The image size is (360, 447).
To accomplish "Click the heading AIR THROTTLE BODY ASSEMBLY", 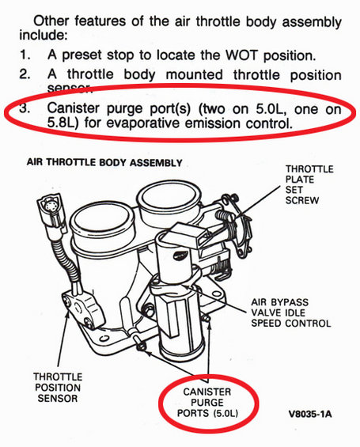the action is point(104,162).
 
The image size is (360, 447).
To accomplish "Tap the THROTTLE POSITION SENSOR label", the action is point(58,388).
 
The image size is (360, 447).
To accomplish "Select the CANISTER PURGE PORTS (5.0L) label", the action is point(207,403).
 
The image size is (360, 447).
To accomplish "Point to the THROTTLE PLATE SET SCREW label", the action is point(309,184).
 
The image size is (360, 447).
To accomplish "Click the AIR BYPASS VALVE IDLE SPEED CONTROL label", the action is point(290,313).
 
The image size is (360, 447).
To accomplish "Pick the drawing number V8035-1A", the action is point(310,414).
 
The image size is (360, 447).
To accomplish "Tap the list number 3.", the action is point(25,108).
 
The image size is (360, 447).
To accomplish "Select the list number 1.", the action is point(25,55).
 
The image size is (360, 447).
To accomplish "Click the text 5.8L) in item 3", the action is point(63,123).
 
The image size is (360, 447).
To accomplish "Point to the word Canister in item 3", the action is point(74,108).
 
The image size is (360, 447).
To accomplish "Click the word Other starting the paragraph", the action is point(51,21).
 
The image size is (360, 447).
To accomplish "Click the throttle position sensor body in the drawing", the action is point(83,310).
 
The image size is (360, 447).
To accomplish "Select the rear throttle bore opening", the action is point(169,197).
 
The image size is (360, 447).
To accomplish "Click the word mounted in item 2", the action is point(194,74).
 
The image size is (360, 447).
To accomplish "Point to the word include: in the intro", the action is point(43,36).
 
